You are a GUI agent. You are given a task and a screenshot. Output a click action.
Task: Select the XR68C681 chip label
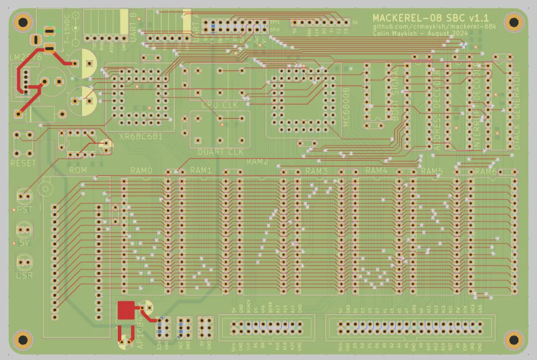click(141, 136)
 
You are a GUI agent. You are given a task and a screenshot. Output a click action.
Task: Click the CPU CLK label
click(219, 105)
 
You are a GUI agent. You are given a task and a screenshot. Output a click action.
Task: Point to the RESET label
click(23, 163)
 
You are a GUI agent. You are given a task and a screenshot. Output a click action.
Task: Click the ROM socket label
click(78, 170)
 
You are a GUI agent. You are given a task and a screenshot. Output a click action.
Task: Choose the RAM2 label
click(258, 162)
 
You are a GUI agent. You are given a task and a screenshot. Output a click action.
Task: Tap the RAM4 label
click(376, 171)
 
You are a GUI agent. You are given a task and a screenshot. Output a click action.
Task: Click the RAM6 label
click(485, 172)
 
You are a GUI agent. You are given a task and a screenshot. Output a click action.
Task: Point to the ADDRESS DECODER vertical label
click(437, 109)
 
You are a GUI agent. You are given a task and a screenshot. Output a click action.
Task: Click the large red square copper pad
click(126, 311)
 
